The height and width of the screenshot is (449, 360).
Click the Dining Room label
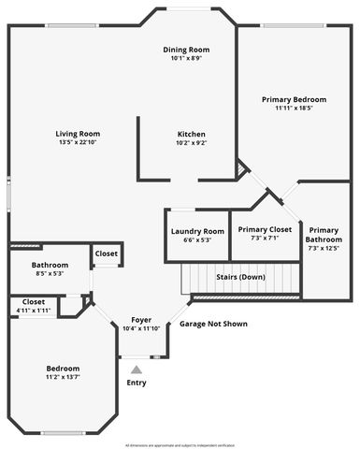pos(186,50)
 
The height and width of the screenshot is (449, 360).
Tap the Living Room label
pos(78,134)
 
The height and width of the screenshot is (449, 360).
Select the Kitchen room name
pos(191,134)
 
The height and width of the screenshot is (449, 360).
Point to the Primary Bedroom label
pos(294,99)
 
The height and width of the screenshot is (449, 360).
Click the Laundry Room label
pos(197,231)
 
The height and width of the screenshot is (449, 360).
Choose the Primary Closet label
pos(265,229)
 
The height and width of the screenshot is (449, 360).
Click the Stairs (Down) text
pos(240,278)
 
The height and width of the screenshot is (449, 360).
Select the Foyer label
pos(141,320)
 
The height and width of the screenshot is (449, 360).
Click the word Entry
pos(137,383)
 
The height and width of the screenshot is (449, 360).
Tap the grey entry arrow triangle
pos(137,369)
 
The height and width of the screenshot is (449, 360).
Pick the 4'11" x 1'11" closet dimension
pos(34,311)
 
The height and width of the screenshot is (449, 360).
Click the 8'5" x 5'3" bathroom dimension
pos(50,274)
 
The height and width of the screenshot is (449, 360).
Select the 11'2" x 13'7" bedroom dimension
pos(64,377)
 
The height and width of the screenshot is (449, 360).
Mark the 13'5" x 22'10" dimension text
pos(78,142)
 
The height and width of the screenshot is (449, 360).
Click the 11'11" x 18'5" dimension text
pos(294,109)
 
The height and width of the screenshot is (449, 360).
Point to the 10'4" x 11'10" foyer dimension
pos(141,328)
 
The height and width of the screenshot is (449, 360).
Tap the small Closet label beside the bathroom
pos(106,253)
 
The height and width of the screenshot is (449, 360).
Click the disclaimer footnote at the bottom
pos(180,445)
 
